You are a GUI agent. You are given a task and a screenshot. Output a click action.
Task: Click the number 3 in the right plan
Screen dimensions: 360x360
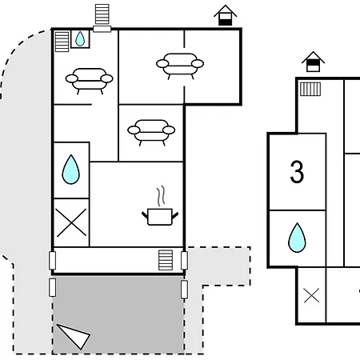click(297, 172)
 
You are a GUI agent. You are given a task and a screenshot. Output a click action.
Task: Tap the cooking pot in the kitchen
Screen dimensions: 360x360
click(160, 217)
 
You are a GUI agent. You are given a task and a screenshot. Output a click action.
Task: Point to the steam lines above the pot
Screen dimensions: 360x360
click(161, 196)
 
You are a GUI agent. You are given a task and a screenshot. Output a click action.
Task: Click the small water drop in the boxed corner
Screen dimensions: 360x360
click(80, 39)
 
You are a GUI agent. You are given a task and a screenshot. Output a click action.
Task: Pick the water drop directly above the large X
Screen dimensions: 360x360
click(70, 170)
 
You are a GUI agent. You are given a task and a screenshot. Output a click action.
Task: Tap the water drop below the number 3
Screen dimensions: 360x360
click(297, 238)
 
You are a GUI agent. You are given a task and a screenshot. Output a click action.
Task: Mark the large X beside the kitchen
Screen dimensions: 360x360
click(71, 222)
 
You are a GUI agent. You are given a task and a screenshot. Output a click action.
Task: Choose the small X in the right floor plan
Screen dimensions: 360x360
click(311, 295)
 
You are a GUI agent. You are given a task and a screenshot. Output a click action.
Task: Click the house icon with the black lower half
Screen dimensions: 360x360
click(226, 15)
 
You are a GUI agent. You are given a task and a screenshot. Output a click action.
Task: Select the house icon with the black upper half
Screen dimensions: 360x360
click(313, 62)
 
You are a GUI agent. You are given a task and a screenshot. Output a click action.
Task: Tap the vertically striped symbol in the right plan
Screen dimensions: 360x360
click(310, 89)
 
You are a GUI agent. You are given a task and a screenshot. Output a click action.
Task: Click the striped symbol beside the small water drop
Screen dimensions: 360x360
click(62, 42)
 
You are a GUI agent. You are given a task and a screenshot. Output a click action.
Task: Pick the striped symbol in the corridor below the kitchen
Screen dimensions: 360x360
click(166, 260)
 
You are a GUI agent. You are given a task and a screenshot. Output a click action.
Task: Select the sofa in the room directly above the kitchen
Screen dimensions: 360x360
click(151, 132)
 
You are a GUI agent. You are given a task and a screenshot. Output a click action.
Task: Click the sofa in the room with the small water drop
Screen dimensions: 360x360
click(90, 81)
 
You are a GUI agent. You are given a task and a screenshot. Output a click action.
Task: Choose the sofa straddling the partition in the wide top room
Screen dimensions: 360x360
click(180, 66)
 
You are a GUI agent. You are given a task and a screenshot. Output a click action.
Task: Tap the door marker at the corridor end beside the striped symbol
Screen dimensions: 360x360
click(184, 260)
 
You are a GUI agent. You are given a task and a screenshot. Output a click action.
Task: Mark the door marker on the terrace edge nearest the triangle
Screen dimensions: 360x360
click(53, 287)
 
